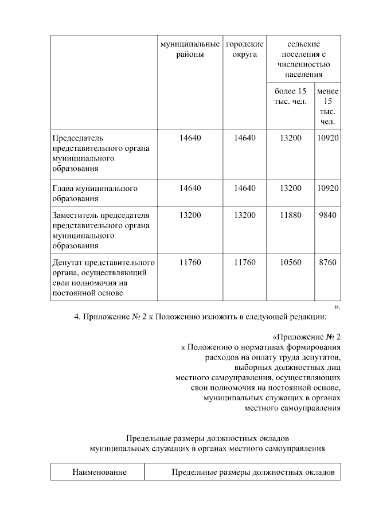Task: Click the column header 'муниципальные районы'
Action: pos(190,49)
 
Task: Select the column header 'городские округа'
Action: pos(245,49)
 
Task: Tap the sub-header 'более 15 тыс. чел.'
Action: pos(290,96)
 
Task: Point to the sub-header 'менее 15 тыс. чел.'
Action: pos(328,107)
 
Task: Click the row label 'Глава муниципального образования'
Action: pos(95,193)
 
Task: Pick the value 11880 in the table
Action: pos(290,216)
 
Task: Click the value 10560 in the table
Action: pos(290,263)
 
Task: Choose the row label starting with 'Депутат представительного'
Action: pos(103,278)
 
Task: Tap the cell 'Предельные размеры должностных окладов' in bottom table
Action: pos(253,473)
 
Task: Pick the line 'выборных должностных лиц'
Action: pos(288,367)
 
